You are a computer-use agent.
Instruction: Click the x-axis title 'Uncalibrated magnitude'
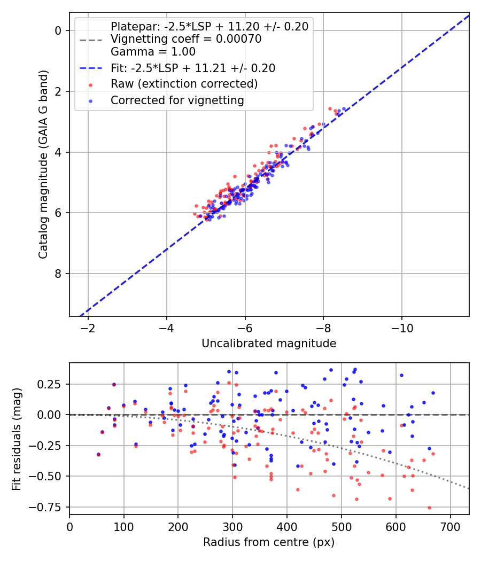point(269,344)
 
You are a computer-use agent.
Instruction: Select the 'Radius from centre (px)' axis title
point(269,542)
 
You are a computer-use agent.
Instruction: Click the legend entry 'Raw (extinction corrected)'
point(184,84)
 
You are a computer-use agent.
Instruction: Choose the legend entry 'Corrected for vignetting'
point(177,100)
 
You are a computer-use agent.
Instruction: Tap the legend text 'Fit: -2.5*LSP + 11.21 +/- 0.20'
point(193,68)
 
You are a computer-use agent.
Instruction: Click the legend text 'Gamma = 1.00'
point(153,52)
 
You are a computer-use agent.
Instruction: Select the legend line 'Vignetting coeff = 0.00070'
point(186,39)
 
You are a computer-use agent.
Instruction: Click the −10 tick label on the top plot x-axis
point(402,328)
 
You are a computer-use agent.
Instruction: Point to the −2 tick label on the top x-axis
point(88,328)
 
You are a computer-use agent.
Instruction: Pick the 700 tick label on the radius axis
point(450,526)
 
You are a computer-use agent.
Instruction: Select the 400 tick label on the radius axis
point(287,526)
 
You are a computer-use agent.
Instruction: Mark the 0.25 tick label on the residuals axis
point(51,384)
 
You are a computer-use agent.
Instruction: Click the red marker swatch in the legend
point(90,84)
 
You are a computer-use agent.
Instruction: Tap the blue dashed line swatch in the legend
point(90,68)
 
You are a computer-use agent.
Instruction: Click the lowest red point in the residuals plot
point(429,508)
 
